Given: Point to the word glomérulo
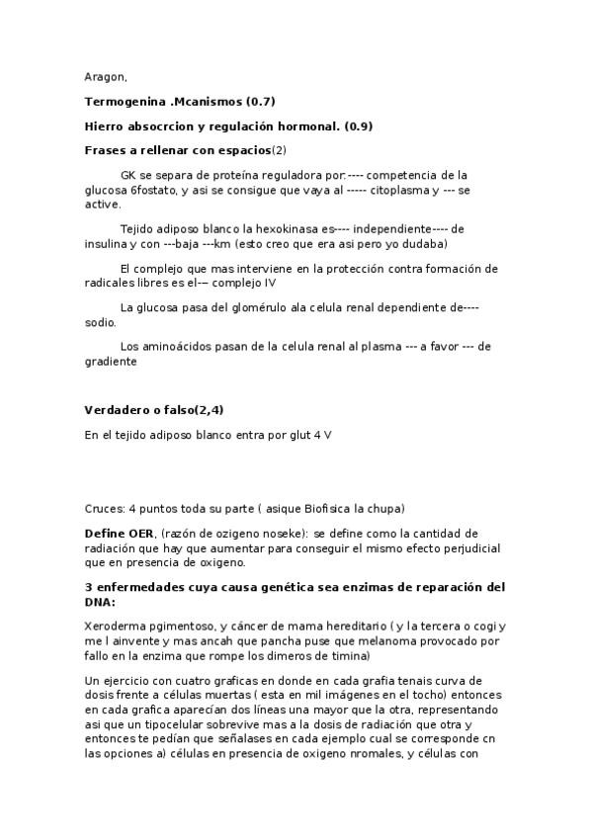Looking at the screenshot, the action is pyautogui.click(x=251, y=307).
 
